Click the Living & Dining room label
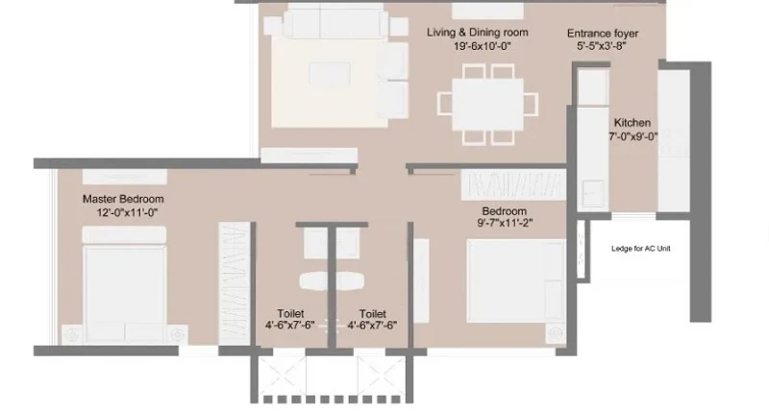pos(477,33)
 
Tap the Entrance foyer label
pos(603,34)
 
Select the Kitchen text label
pos(633,123)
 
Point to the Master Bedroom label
pos(123,199)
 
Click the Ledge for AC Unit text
pos(640,249)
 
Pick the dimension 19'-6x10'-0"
pos(483,46)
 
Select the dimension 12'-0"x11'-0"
pos(127,212)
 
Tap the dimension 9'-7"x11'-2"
pos(506,223)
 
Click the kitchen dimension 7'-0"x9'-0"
pos(633,136)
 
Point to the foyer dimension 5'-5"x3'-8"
pos(602,46)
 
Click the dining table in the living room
pos(487,105)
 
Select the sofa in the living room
pos(335,22)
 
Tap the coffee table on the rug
pos(330,74)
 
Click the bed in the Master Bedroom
pos(125,284)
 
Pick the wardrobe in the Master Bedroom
pos(234,283)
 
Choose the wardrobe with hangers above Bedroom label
pos(513,184)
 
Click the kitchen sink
pos(593,193)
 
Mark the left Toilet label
pos(290,313)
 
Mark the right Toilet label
pos(372,313)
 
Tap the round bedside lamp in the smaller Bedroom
pos(556,333)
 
